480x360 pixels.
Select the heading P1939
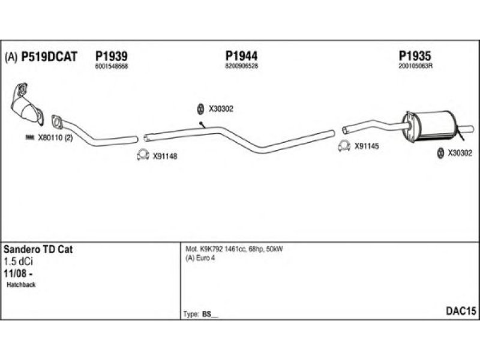111,56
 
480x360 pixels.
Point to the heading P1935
415,56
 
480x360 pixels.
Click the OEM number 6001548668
111,66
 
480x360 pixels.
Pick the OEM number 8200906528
241,66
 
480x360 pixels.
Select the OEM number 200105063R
415,66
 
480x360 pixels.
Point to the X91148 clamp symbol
143,155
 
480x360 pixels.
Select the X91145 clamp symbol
344,145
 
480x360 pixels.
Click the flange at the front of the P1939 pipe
58,122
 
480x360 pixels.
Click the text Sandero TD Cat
38,250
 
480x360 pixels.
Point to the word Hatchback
22,284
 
